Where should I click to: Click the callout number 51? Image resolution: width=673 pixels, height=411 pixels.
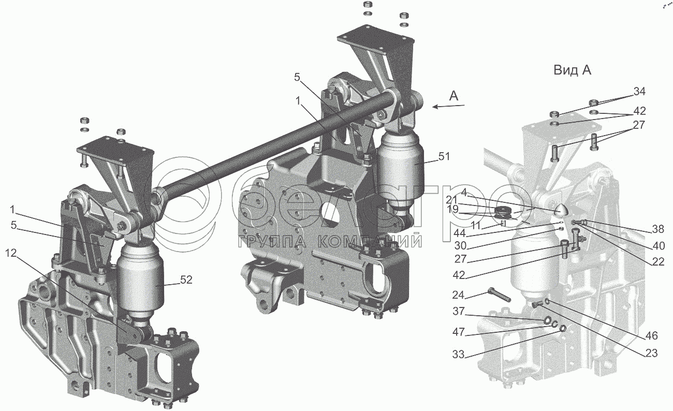tap(444, 156)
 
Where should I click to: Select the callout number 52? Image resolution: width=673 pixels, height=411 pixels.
tap(186, 280)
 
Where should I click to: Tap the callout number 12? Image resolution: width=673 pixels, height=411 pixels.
tap(11, 253)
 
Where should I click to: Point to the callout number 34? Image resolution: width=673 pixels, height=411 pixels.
tap(639, 91)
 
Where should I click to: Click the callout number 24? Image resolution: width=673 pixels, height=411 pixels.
tap(458, 296)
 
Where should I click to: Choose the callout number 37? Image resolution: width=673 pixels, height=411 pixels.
tap(459, 311)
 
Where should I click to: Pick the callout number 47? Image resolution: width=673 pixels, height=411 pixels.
tap(459, 332)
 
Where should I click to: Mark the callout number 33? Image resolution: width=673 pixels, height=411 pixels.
tap(459, 355)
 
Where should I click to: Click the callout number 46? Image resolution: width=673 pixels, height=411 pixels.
tap(651, 335)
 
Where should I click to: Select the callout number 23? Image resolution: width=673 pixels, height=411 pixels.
tap(651, 353)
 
